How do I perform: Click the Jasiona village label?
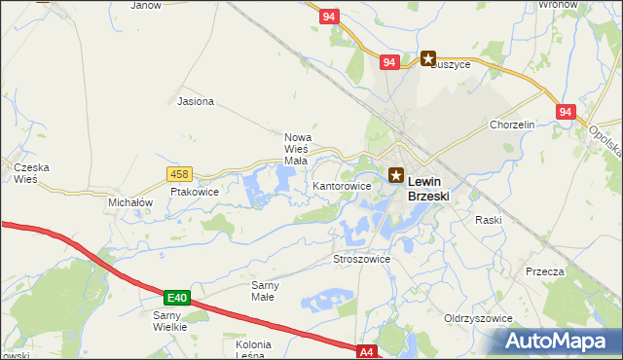196,101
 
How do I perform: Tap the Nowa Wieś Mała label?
296,149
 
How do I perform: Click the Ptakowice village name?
195,193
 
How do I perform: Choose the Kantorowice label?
342,185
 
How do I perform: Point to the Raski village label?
488,220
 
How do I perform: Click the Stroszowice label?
361,260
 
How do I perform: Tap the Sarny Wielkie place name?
169,321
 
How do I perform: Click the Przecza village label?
544,272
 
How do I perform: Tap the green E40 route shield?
176,297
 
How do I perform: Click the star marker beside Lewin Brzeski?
396,176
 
